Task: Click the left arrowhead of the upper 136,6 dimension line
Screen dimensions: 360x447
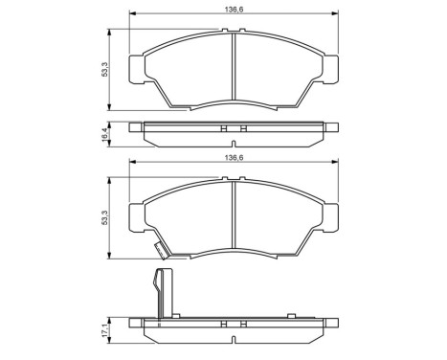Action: coord(133,14)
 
